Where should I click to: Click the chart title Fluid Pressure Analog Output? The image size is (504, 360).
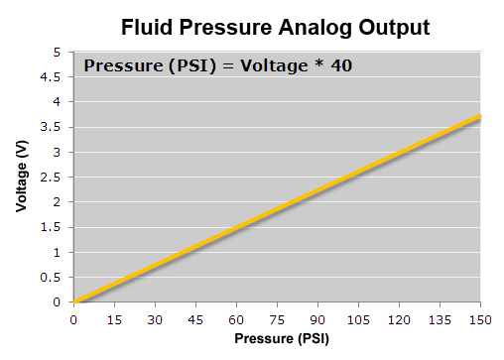pyautogui.click(x=275, y=27)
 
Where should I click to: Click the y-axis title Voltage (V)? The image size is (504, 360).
pyautogui.click(x=21, y=177)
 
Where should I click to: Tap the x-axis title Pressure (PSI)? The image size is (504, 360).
pyautogui.click(x=277, y=338)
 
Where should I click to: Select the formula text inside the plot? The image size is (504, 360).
pyautogui.click(x=218, y=66)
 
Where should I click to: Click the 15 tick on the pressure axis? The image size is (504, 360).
pyautogui.click(x=114, y=320)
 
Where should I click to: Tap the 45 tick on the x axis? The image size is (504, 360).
pyautogui.click(x=195, y=320)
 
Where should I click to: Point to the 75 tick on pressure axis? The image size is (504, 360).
pyautogui.click(x=277, y=320)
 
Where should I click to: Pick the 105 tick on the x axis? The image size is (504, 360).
pyautogui.click(x=358, y=320)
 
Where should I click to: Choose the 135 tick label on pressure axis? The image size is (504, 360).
pyautogui.click(x=440, y=320)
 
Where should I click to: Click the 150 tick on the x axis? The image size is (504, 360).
pyautogui.click(x=480, y=320)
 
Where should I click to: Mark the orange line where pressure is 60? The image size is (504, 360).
pyautogui.click(x=236, y=227)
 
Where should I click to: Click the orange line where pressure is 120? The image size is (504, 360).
pyautogui.click(x=399, y=152)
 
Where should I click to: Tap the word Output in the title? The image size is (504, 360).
pyautogui.click(x=390, y=27)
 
